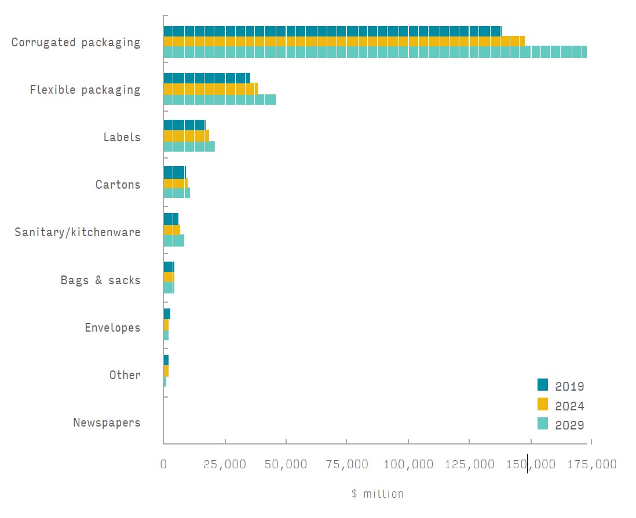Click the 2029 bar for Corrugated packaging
[375, 52]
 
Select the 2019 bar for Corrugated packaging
[332, 31]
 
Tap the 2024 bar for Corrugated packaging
[344, 42]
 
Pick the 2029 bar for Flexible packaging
[220, 100]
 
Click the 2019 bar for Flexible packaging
[207, 78]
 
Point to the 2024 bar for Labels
[186, 136]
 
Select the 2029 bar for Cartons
[177, 193]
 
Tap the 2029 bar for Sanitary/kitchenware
[174, 241]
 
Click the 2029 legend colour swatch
[543, 424]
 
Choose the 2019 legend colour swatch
[543, 385]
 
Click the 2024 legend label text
[569, 406]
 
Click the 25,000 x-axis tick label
[225, 464]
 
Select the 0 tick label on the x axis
[164, 464]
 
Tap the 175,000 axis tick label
[592, 464]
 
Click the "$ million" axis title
[377, 494]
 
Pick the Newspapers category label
[107, 423]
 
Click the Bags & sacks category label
[100, 280]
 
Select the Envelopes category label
[112, 328]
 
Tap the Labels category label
[122, 137]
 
